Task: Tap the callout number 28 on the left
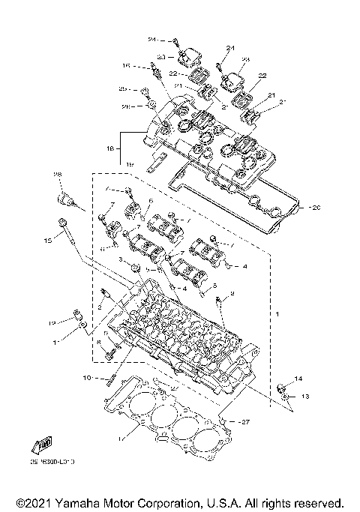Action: pos(56,174)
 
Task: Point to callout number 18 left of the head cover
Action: pos(110,149)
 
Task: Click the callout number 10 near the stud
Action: pos(87,377)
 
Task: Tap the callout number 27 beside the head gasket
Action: pos(243,422)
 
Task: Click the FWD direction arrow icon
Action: pos(42,443)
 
